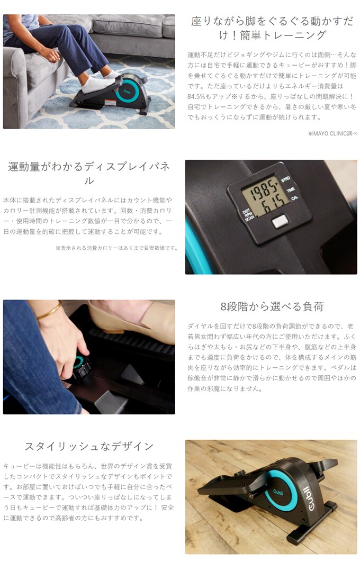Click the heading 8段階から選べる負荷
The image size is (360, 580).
point(272,306)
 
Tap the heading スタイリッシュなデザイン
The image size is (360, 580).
point(89,446)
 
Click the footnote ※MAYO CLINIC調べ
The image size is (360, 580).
point(332,133)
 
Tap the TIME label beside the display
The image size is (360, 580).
point(291,189)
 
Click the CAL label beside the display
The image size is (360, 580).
point(294,198)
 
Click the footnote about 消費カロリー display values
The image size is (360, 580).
point(116,248)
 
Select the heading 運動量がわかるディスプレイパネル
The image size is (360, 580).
point(89,173)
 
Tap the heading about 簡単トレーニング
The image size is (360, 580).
point(272,28)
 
